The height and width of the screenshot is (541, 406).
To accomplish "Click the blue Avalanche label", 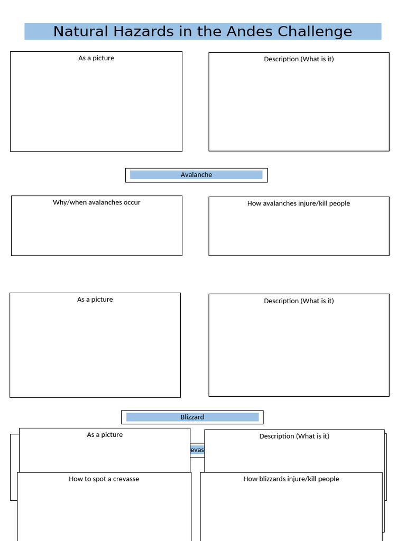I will pyautogui.click(x=196, y=175).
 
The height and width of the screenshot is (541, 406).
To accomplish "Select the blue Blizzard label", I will pyautogui.click(x=192, y=417).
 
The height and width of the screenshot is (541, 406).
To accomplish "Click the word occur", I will pyautogui.click(x=131, y=202).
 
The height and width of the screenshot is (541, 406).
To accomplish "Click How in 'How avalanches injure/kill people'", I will pyautogui.click(x=254, y=203).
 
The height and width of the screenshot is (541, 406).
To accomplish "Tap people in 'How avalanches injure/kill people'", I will pyautogui.click(x=340, y=203).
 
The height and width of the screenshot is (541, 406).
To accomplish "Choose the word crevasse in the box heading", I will pyautogui.click(x=126, y=479).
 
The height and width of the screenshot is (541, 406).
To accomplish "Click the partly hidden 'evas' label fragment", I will pyautogui.click(x=197, y=450).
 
